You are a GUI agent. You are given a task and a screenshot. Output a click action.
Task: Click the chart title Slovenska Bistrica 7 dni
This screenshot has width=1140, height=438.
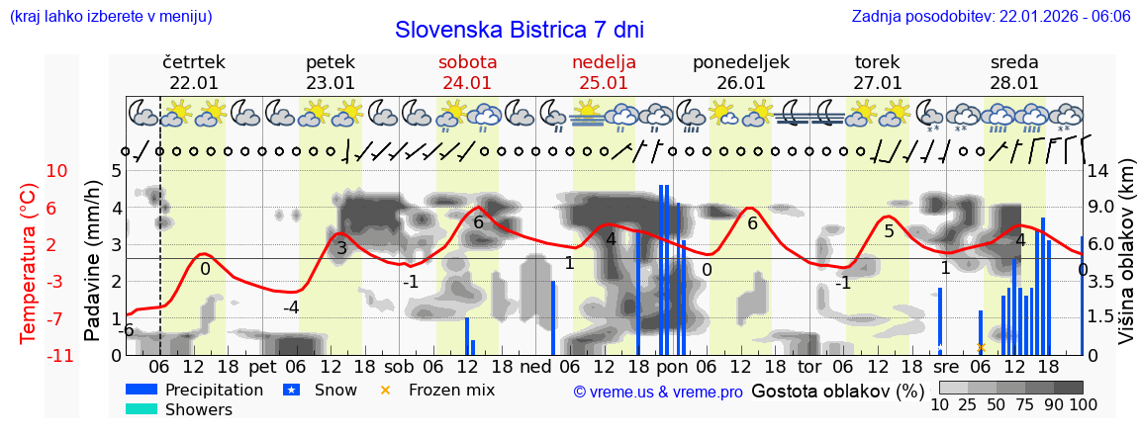point(524,30)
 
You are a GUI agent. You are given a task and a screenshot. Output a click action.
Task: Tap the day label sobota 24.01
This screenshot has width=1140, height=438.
point(467,72)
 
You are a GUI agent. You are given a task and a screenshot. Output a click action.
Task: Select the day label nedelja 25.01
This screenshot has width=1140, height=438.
point(604,72)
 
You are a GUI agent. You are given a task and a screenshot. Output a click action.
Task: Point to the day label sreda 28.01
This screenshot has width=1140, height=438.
point(1014,72)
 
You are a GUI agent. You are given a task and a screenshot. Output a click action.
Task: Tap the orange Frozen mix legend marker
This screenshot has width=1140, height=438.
point(386,390)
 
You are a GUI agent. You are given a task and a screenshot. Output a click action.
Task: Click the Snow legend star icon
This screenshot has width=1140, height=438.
point(292,390)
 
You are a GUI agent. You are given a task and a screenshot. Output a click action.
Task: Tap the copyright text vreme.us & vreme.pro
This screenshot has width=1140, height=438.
point(658,392)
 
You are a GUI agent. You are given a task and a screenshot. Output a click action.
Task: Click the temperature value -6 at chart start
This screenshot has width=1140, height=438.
point(127,329)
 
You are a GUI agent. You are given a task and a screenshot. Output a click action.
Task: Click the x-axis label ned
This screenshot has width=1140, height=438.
point(535,366)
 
